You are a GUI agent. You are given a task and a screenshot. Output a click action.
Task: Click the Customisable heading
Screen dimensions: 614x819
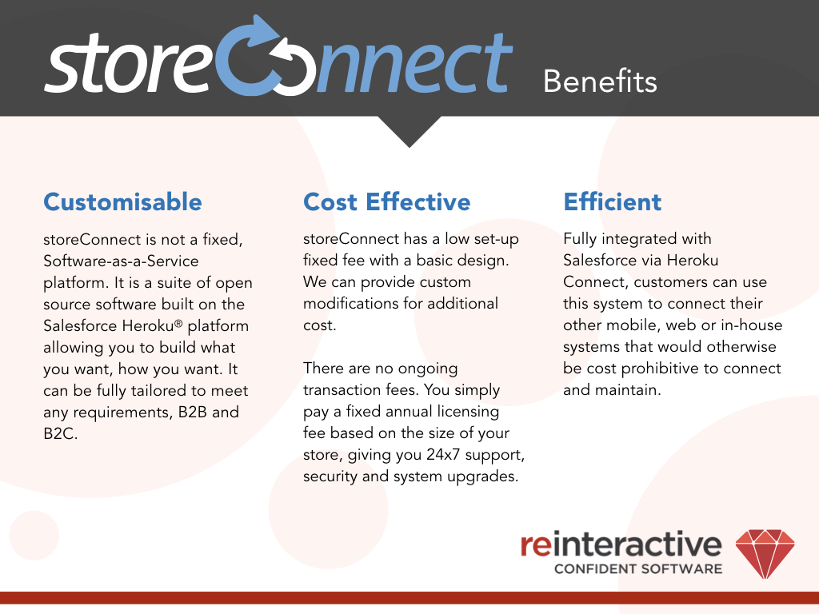tap(122, 201)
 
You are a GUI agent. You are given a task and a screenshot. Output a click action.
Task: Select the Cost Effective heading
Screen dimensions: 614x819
tap(386, 201)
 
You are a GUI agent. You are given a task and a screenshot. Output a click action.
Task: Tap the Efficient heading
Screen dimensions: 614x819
tap(613, 201)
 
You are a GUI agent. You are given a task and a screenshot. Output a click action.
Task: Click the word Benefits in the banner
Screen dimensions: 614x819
tap(600, 81)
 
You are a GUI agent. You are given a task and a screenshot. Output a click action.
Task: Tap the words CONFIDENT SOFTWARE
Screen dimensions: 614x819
tap(638, 569)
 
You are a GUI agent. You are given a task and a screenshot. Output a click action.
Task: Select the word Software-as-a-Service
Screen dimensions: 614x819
tap(121, 261)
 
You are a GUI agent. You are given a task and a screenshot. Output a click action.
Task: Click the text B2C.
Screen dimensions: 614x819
tap(61, 434)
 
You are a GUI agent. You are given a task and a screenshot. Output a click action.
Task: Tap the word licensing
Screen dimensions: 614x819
tap(465, 412)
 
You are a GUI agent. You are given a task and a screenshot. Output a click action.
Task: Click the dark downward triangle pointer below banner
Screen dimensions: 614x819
tap(409, 130)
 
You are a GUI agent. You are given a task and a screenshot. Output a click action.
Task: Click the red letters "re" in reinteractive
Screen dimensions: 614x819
tap(535, 544)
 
